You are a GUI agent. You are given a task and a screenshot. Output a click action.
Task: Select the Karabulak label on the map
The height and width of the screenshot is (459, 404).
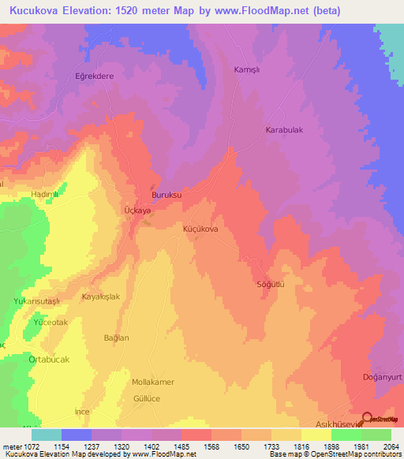tap(284, 130)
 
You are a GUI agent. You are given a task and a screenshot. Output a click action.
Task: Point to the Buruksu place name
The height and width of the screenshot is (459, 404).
tap(166, 195)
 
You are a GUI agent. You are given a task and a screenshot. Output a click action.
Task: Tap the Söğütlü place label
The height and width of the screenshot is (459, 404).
tap(269, 283)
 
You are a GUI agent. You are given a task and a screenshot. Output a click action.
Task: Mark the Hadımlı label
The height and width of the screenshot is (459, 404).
tap(45, 194)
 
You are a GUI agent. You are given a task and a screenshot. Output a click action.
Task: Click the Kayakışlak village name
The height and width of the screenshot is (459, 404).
tap(101, 297)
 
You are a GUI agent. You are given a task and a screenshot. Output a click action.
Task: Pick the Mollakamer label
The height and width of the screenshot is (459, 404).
tap(152, 382)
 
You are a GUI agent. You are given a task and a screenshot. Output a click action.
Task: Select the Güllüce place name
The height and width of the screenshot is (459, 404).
tap(148, 400)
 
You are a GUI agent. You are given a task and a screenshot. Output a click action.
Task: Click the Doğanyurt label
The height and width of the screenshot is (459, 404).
tap(368, 377)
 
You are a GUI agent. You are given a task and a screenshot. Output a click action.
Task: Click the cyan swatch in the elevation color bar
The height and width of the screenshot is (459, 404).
tap(46, 435)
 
